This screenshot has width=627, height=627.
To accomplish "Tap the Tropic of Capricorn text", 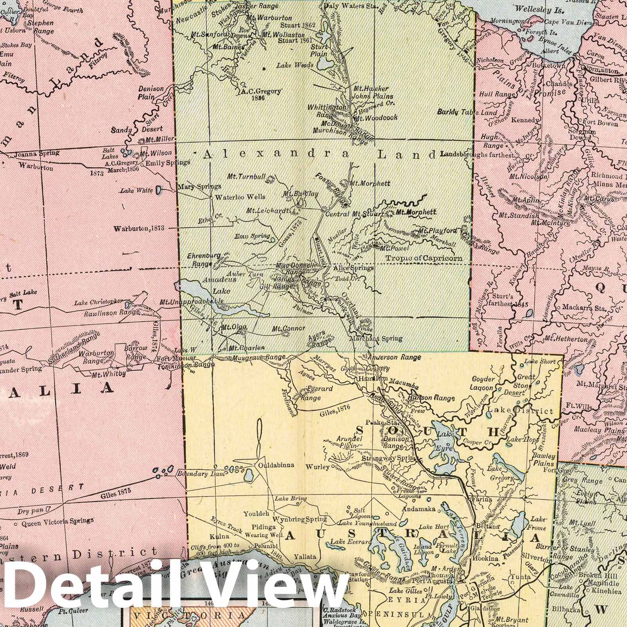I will (424, 258).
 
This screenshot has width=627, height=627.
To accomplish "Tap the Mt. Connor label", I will (288, 328).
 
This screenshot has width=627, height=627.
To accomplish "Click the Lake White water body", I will (158, 190).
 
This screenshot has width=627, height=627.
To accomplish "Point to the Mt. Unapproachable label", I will (192, 302).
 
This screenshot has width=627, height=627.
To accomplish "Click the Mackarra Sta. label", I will (585, 308).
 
